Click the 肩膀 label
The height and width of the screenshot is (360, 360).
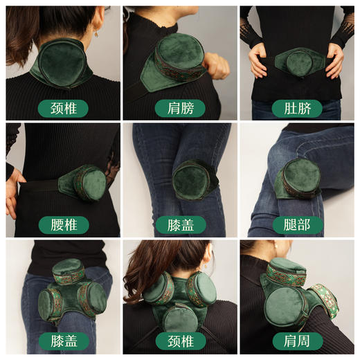179,108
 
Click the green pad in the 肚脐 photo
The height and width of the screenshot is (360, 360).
298,62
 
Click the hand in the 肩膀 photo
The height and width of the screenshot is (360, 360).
217,65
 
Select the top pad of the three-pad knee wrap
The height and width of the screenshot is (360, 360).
69,270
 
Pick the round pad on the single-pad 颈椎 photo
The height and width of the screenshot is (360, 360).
62,62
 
